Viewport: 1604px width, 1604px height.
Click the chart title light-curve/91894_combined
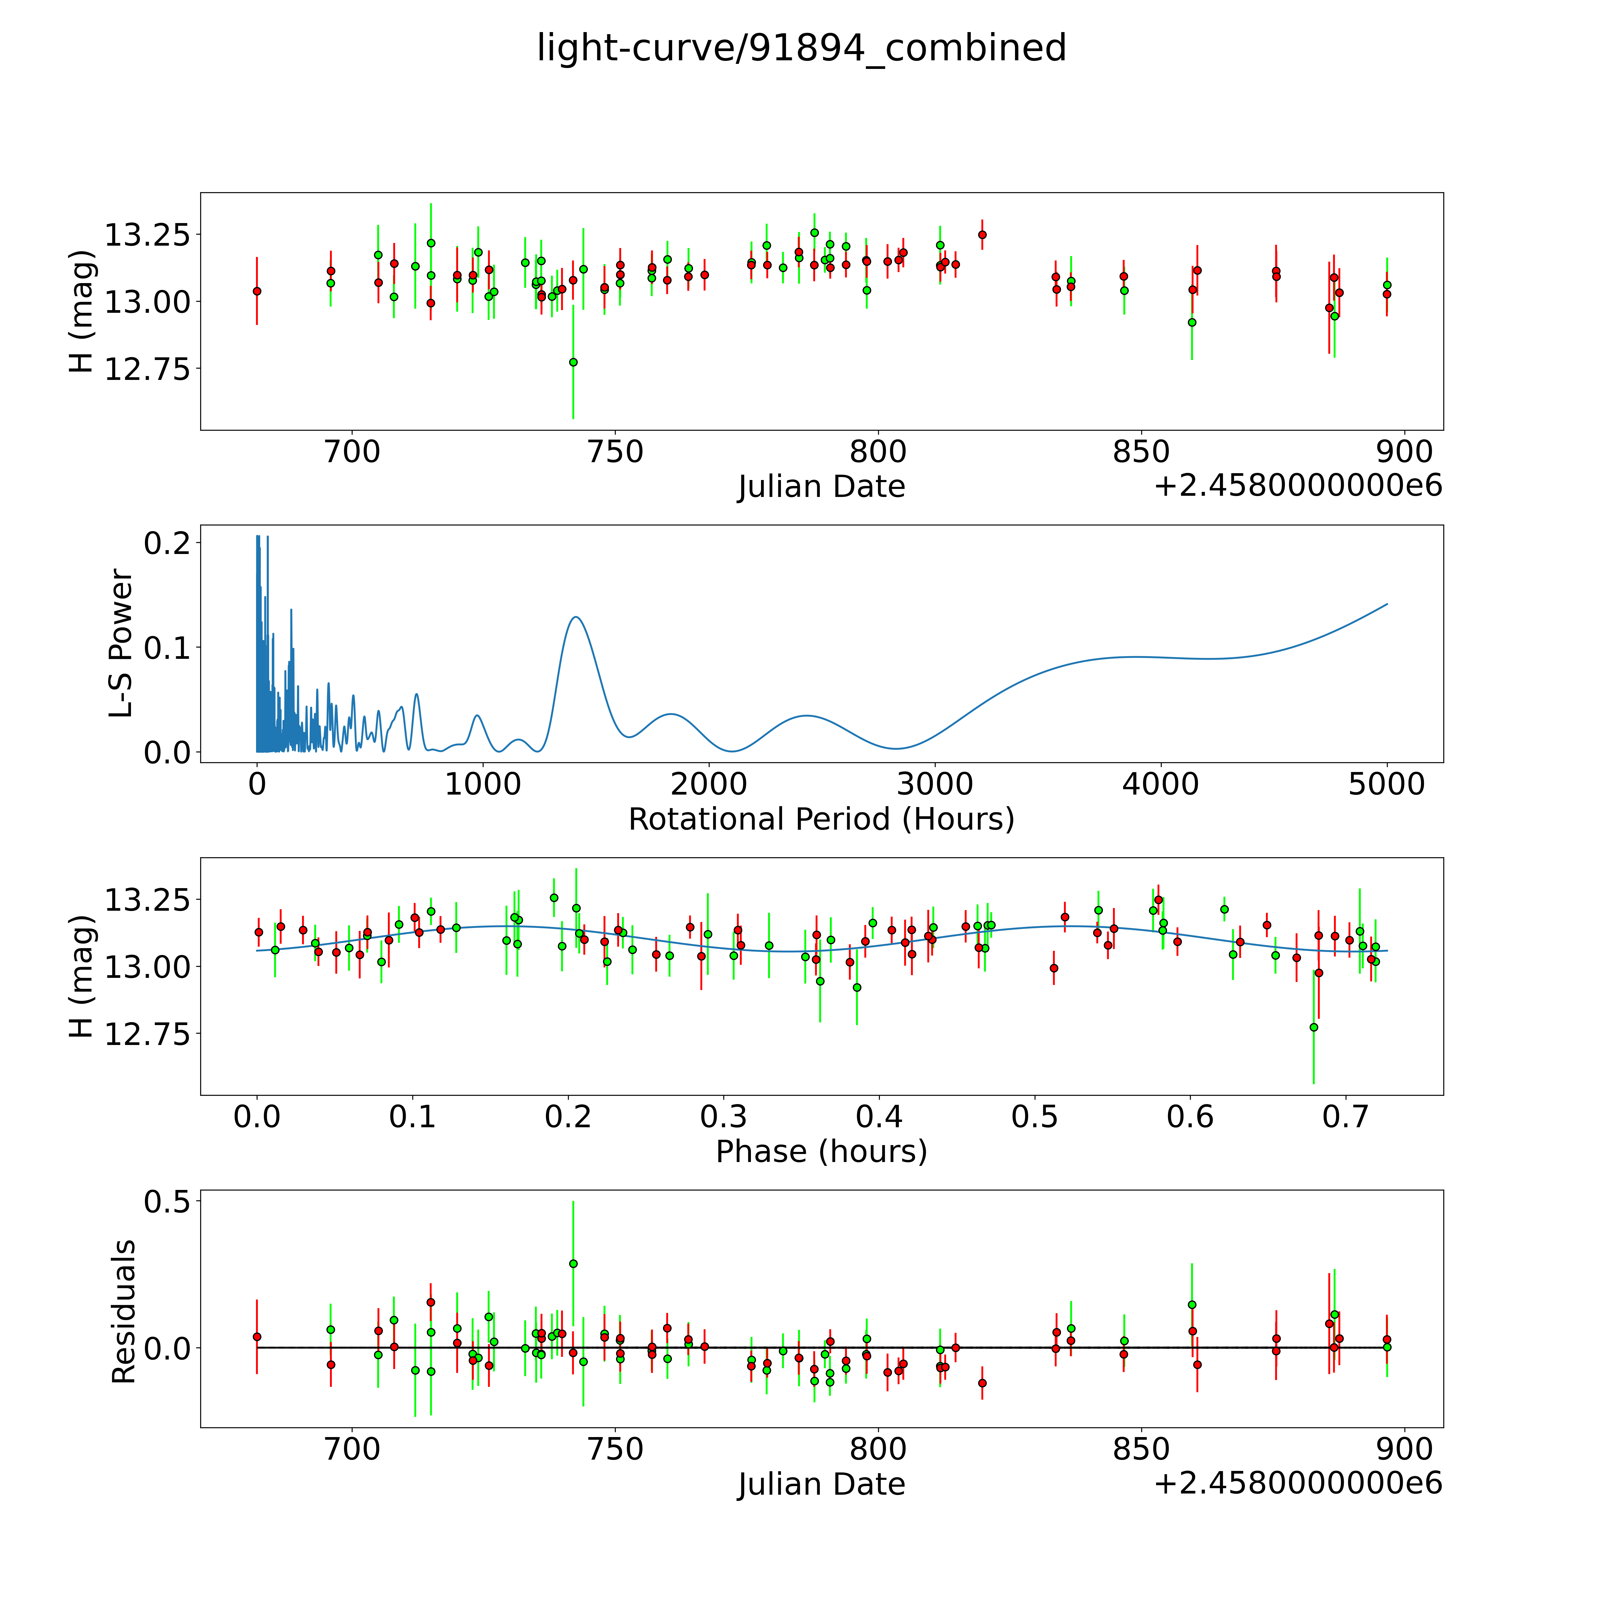tap(801, 48)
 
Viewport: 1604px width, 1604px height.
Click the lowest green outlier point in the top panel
tap(573, 362)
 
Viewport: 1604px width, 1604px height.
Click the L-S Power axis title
tap(121, 643)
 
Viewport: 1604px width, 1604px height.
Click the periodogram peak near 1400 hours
tap(574, 618)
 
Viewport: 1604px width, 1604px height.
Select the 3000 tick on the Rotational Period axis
tap(935, 784)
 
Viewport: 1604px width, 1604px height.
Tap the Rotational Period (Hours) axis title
tap(821, 820)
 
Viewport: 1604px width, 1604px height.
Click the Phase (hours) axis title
tap(821, 1152)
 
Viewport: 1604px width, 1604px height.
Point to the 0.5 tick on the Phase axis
tap(1035, 1117)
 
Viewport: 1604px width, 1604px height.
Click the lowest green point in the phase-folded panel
tap(1313, 1027)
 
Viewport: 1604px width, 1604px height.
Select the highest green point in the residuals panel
tap(573, 1264)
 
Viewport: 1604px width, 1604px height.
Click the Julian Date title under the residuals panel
tap(821, 1484)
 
